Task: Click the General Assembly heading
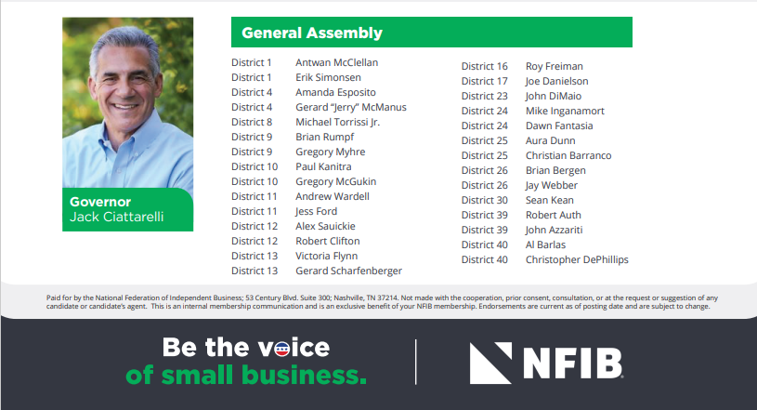[x=312, y=33]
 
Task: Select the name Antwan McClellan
[x=337, y=62]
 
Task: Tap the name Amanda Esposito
[x=335, y=92]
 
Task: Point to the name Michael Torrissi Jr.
[x=338, y=122]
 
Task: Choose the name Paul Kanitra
[x=323, y=166]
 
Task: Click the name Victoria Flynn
[x=327, y=256]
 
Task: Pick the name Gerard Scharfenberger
[x=349, y=271]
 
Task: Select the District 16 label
[x=484, y=66]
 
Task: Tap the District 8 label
[x=252, y=122]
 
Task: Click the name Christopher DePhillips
[x=577, y=259]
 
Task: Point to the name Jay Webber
[x=552, y=185]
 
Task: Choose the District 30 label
[x=484, y=200]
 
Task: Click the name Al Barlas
[x=545, y=245]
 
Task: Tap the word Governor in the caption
[x=100, y=202]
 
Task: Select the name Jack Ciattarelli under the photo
[x=117, y=217]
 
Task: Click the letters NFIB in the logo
[x=573, y=364]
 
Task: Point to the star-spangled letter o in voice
[x=282, y=349]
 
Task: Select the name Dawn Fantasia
[x=559, y=126]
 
